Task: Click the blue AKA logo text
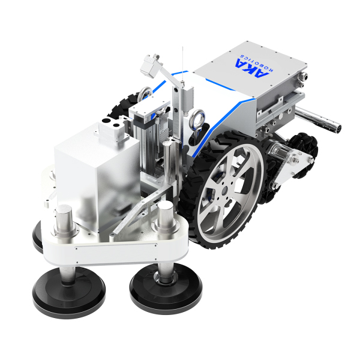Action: pos(251,67)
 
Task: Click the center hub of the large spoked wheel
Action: pos(224,190)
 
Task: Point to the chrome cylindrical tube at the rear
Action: pos(318,119)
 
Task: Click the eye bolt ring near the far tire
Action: pos(145,93)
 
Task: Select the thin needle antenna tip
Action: pos(182,47)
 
